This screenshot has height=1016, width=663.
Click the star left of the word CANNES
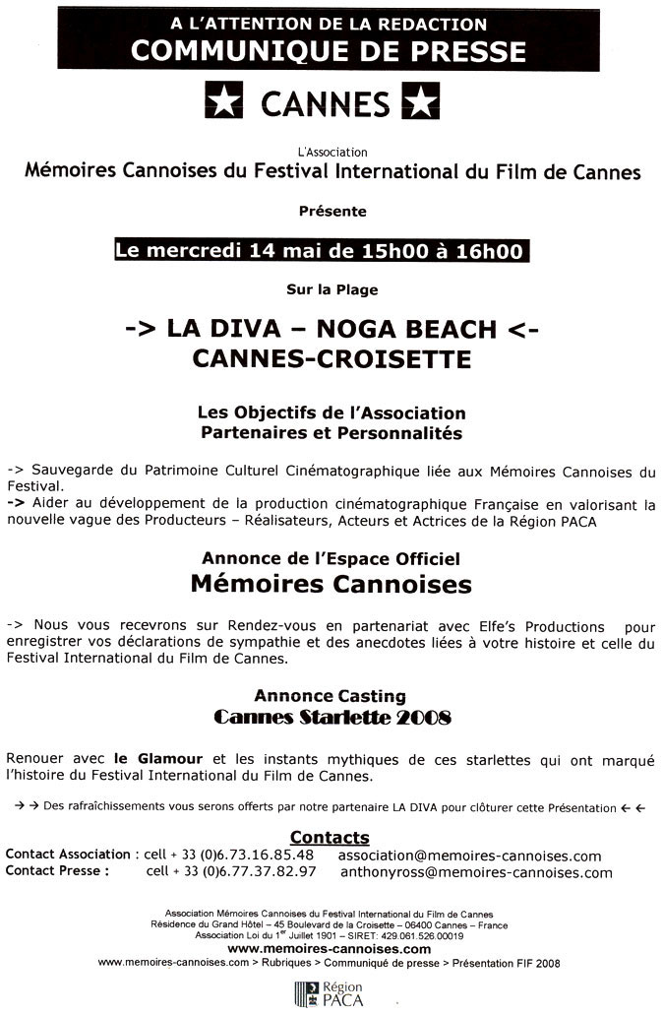(x=222, y=102)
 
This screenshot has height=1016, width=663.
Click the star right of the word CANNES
(x=421, y=102)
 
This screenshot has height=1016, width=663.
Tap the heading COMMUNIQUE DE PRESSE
(x=329, y=50)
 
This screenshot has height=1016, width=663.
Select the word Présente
(x=331, y=211)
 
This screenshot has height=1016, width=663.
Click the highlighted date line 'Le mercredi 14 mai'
(x=319, y=250)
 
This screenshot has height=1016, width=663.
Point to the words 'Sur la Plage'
(x=331, y=289)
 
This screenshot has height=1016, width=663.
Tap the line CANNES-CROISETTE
(x=331, y=358)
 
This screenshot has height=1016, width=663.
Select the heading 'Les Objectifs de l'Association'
(x=331, y=413)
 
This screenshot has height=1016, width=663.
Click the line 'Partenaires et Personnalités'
(x=331, y=432)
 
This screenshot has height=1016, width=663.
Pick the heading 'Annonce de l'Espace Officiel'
(x=331, y=558)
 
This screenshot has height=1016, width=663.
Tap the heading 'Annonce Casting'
(x=331, y=695)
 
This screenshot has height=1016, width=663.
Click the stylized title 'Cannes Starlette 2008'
(x=331, y=718)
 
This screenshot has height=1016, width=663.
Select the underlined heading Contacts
(x=330, y=837)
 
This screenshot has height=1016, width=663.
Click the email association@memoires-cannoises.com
(x=469, y=856)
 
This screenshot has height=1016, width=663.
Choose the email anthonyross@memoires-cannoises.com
(x=475, y=871)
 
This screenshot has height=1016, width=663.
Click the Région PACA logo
(x=331, y=992)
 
